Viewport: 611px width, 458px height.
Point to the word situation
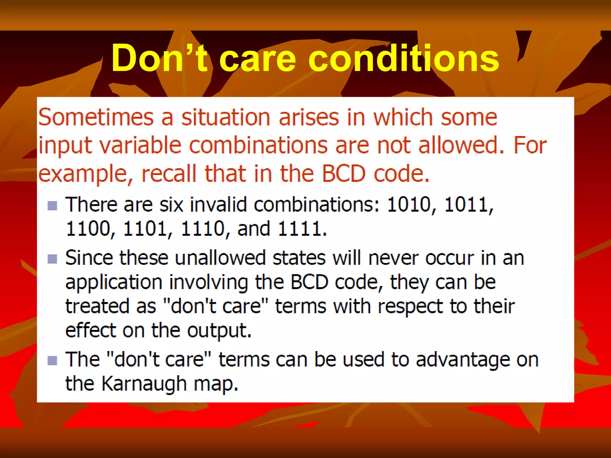(x=226, y=117)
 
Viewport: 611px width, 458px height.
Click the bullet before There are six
(x=53, y=205)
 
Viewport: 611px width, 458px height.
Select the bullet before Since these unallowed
(x=53, y=259)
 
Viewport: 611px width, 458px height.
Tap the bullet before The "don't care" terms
(x=53, y=360)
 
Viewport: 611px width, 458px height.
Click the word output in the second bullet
(x=219, y=331)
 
